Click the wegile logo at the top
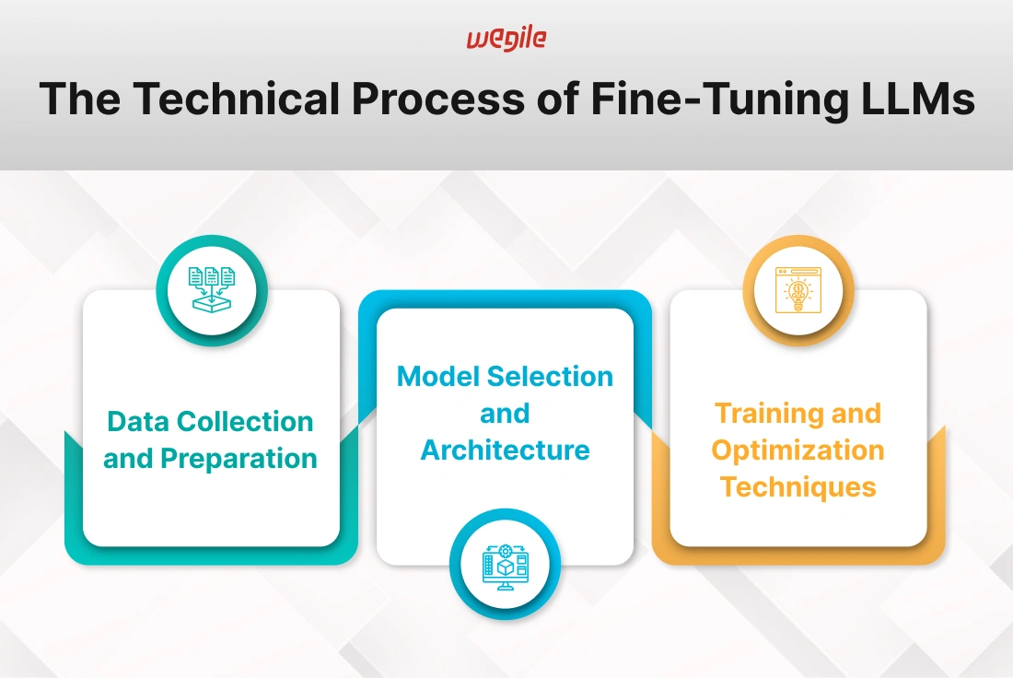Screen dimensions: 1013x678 (506, 39)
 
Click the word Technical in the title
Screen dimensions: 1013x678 (237, 99)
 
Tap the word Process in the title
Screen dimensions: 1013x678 (438, 99)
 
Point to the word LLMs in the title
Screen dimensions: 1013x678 (919, 99)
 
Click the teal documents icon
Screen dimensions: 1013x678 (212, 290)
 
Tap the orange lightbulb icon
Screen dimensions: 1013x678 (798, 290)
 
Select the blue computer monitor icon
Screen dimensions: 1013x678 (506, 567)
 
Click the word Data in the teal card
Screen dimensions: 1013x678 (139, 421)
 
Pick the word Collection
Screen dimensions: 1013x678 (246, 421)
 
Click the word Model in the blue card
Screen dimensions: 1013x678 (438, 376)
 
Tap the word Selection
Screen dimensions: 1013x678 (550, 376)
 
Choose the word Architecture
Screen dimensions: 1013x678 (506, 450)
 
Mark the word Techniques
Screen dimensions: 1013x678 (798, 487)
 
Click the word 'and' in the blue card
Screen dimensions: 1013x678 (505, 413)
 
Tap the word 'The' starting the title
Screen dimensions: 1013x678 (79, 99)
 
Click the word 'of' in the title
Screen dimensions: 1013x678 (557, 99)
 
